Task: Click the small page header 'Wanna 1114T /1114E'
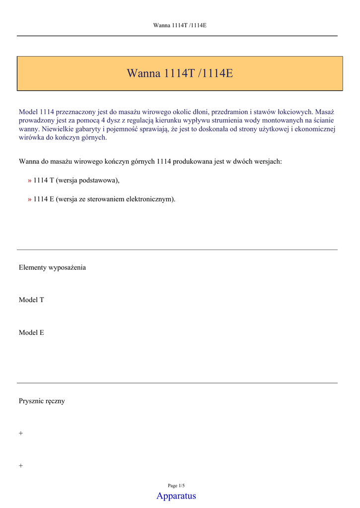(180, 25)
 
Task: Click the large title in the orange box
(180, 73)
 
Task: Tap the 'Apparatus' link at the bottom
(176, 496)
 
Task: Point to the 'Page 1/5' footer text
(176, 486)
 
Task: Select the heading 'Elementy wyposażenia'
(52, 267)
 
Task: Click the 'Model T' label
(31, 300)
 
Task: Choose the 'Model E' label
(31, 333)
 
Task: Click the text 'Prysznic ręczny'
(42, 401)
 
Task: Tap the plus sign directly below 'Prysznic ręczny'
(21, 434)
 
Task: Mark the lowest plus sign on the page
(21, 466)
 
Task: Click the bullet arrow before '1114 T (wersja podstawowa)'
(30, 181)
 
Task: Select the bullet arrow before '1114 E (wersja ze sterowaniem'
(30, 199)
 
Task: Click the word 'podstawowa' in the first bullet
(99, 181)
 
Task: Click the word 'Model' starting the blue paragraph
(28, 112)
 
